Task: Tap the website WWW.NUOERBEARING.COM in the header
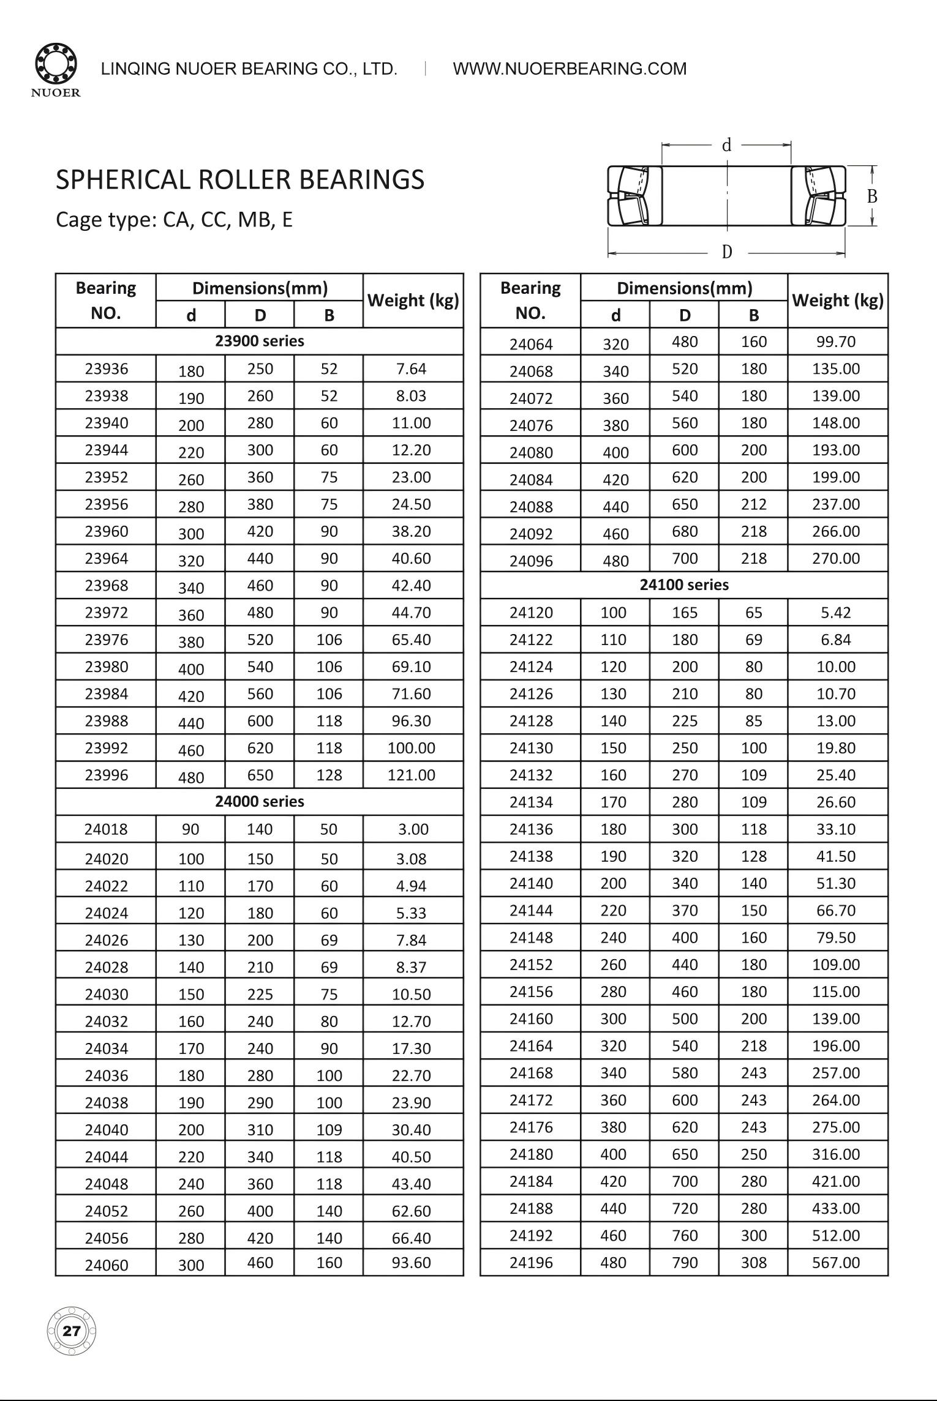(570, 69)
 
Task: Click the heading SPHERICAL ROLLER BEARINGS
(240, 180)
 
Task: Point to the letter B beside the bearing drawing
(872, 196)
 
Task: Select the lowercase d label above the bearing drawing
(726, 146)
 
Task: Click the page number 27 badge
(72, 1331)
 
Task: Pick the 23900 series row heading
(259, 341)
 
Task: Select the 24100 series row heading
(684, 585)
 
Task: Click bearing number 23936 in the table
(107, 368)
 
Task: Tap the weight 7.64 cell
(411, 368)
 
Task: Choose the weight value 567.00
(836, 1262)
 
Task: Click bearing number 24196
(531, 1262)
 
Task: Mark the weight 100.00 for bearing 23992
(411, 747)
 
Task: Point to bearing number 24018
(107, 829)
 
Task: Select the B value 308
(753, 1262)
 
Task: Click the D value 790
(685, 1262)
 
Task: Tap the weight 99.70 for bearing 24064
(836, 342)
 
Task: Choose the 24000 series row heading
(259, 801)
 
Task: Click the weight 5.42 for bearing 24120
(836, 612)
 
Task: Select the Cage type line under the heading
(174, 219)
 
